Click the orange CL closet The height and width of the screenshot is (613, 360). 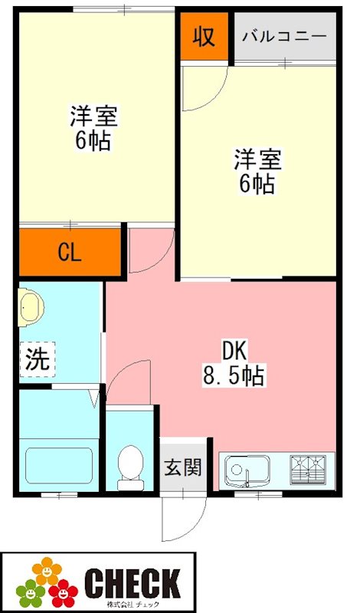(x=70, y=252)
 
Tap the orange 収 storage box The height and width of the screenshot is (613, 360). (x=204, y=36)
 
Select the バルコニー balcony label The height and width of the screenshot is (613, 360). (x=284, y=37)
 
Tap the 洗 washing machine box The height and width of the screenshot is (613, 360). (x=37, y=359)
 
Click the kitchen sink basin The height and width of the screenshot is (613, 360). (x=245, y=469)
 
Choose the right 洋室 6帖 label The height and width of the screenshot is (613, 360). (x=257, y=172)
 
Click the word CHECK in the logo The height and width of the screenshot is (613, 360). (x=132, y=582)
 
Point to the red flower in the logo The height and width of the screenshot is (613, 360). (x=63, y=591)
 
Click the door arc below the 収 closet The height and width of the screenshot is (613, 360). (x=203, y=88)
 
